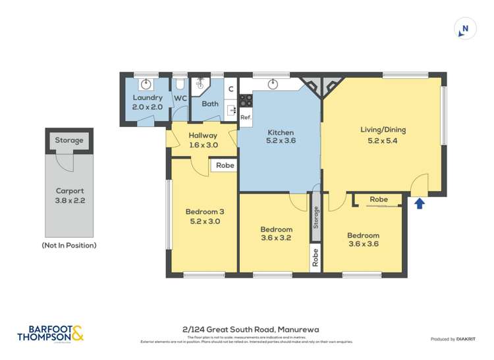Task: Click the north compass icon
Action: point(465,28)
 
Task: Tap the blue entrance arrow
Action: point(420,203)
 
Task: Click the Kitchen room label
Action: point(280,137)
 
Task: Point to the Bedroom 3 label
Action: point(204,217)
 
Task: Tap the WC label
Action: point(180,99)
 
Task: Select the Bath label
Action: point(209,104)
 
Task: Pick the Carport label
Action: point(69,195)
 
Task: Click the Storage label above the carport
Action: point(69,140)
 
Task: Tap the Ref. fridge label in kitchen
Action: point(245,117)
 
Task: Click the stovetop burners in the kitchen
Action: point(245,101)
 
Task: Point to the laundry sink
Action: point(146,84)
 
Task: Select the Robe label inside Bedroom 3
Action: point(225,166)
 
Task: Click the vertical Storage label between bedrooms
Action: point(316,217)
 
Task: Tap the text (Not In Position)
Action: point(69,245)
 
